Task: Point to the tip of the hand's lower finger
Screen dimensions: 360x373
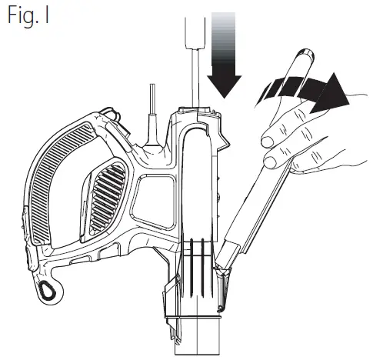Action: (x=271, y=159)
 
